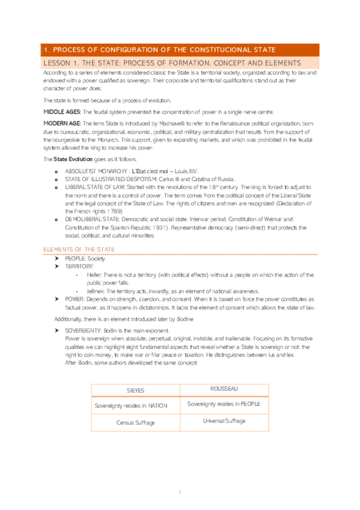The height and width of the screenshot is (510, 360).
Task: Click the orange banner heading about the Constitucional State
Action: pos(157,49)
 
